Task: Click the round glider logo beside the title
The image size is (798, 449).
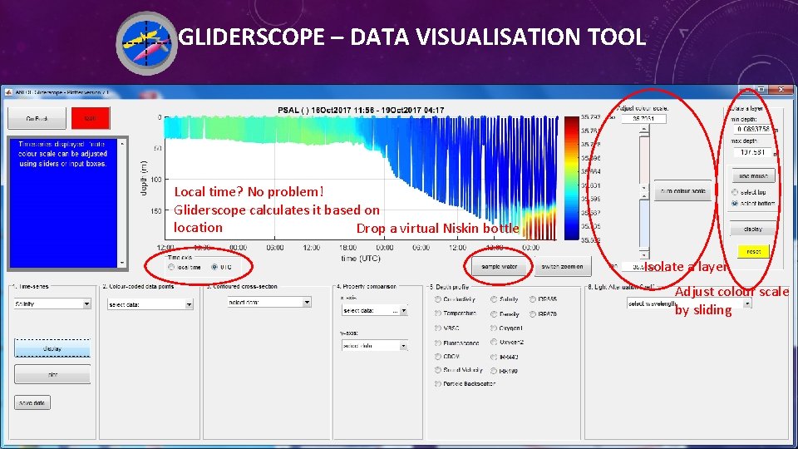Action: [146, 42]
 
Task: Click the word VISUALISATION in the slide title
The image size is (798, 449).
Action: [492, 37]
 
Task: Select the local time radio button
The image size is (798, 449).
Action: [171, 267]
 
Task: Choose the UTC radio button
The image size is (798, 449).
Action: [215, 267]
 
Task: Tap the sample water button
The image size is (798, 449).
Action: [499, 267]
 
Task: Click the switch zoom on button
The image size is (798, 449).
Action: [562, 267]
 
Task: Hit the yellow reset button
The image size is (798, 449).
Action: [753, 251]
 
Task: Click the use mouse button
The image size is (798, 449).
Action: [753, 175]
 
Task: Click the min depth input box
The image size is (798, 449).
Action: [754, 128]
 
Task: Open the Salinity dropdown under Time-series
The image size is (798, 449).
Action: [52, 304]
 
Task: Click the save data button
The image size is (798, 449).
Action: [32, 403]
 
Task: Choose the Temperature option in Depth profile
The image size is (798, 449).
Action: [438, 313]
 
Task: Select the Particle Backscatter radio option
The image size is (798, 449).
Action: [438, 383]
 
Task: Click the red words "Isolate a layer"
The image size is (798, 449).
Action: [687, 267]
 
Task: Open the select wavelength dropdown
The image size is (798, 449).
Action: [689, 304]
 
